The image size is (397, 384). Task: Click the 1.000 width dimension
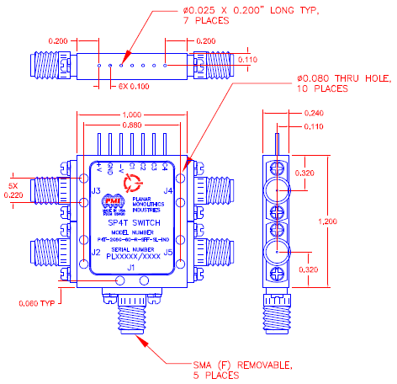[130, 115]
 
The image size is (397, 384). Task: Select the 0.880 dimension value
[130, 125]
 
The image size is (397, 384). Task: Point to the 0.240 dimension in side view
[314, 113]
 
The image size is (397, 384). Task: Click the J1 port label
[130, 267]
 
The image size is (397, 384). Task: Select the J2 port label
[96, 252]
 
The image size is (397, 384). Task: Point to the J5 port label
[167, 252]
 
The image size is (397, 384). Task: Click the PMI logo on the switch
[111, 202]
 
